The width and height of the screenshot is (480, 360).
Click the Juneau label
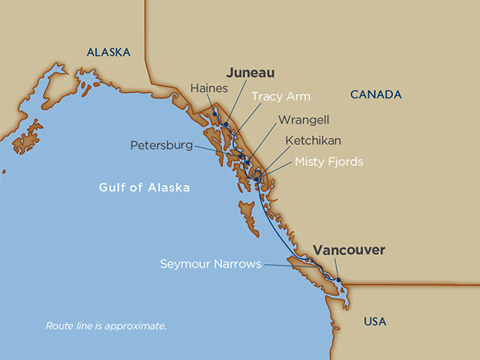pyautogui.click(x=250, y=73)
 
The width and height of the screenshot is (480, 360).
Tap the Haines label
pyautogui.click(x=209, y=87)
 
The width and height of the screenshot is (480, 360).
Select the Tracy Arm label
pyautogui.click(x=280, y=96)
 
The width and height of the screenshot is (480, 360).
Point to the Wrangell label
pyautogui.click(x=304, y=119)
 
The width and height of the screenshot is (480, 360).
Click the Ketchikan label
pyautogui.click(x=313, y=140)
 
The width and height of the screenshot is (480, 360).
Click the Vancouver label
pyautogui.click(x=349, y=250)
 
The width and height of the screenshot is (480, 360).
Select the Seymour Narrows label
pyautogui.click(x=211, y=264)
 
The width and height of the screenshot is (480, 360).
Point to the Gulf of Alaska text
pyautogui.click(x=144, y=187)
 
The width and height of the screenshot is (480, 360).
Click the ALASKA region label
pyautogui.click(x=109, y=52)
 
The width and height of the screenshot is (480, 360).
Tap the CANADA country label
pyautogui.click(x=376, y=94)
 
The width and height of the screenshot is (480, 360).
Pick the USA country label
pyautogui.click(x=374, y=321)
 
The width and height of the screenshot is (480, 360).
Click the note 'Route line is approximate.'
pyautogui.click(x=106, y=326)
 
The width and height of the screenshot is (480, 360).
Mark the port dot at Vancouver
pyautogui.click(x=338, y=280)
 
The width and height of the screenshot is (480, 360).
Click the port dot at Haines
pyautogui.click(x=214, y=114)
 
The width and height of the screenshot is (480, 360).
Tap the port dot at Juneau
pyautogui.click(x=225, y=124)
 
